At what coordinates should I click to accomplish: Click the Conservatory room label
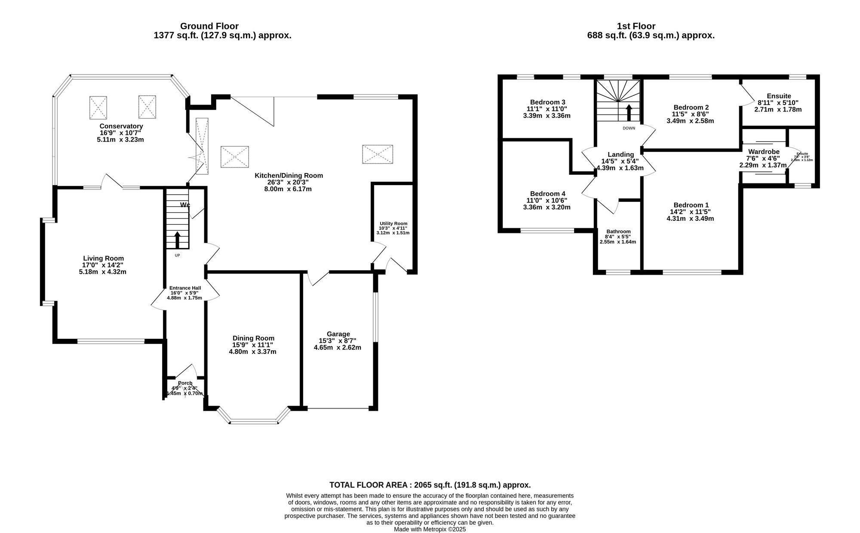click(121, 126)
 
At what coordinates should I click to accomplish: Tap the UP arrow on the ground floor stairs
click(177, 240)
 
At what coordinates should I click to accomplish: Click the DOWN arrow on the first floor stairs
click(629, 113)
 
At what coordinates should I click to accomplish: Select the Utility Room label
click(393, 223)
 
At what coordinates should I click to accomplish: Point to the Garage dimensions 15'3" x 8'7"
click(338, 341)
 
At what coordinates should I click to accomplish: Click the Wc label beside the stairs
click(185, 205)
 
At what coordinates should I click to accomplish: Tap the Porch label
click(185, 383)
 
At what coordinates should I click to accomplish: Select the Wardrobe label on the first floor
click(764, 152)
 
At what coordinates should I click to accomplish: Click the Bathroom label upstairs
click(618, 231)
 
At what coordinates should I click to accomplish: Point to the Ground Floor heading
click(209, 26)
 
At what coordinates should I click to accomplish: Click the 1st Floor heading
click(636, 26)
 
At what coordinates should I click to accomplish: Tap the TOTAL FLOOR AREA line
click(430, 485)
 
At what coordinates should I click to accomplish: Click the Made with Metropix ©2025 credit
click(430, 530)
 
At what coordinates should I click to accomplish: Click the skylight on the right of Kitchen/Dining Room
click(378, 154)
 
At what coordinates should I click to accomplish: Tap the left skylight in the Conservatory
click(98, 107)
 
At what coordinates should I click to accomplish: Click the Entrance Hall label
click(185, 288)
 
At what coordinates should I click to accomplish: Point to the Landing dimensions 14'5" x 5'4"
click(620, 161)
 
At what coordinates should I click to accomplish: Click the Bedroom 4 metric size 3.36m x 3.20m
click(547, 207)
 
